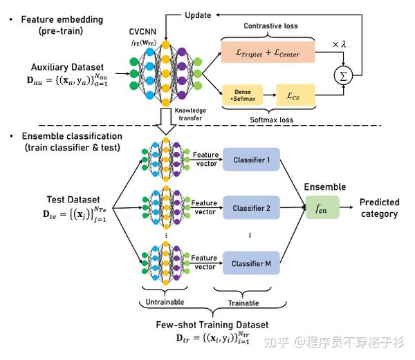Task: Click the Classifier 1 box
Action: click(250, 159)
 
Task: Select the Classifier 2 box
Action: click(250, 208)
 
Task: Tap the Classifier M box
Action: click(250, 261)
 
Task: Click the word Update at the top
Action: click(198, 15)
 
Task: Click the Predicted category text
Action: click(379, 208)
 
